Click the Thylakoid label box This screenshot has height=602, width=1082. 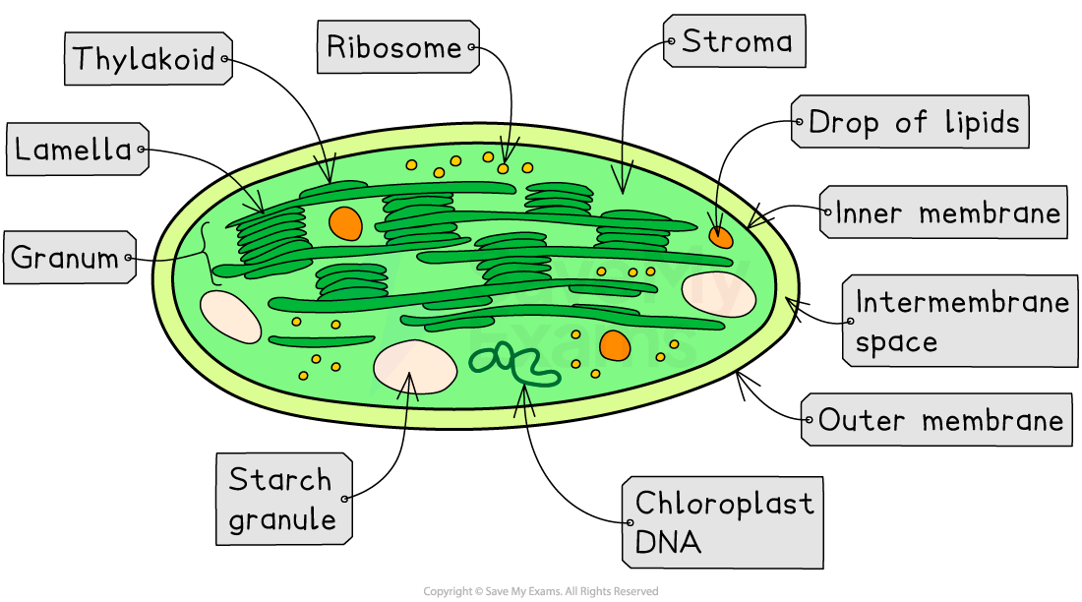(x=145, y=58)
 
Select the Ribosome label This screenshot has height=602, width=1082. (x=394, y=47)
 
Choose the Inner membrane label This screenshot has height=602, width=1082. (x=946, y=212)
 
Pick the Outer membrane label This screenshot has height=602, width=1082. (x=939, y=421)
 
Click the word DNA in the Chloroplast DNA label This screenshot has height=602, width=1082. (x=668, y=542)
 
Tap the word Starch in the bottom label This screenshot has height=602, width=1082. (x=280, y=480)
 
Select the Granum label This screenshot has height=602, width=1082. (x=65, y=259)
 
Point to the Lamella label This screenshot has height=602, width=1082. (x=73, y=150)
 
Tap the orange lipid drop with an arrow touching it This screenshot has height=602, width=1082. (x=721, y=236)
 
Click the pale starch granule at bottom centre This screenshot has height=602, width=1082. (x=414, y=367)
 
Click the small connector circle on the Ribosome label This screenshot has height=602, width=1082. (x=472, y=46)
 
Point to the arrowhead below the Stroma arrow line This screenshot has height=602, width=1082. (x=621, y=179)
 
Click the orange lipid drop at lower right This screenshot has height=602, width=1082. (x=615, y=344)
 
